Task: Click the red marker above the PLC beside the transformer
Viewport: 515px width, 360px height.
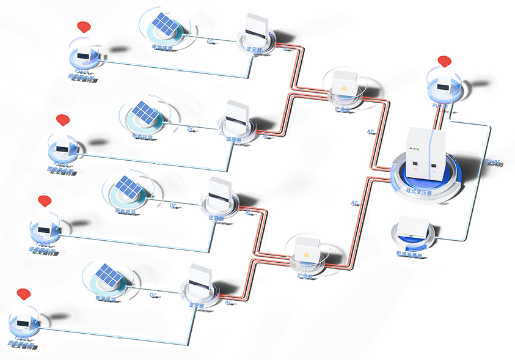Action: (444, 61)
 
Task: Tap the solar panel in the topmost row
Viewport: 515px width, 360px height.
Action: (165, 25)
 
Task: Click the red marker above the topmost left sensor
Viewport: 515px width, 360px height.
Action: (84, 27)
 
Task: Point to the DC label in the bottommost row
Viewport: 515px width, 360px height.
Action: (153, 295)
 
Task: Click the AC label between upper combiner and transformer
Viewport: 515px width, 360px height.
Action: (370, 131)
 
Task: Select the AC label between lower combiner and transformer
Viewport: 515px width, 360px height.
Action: (354, 203)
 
